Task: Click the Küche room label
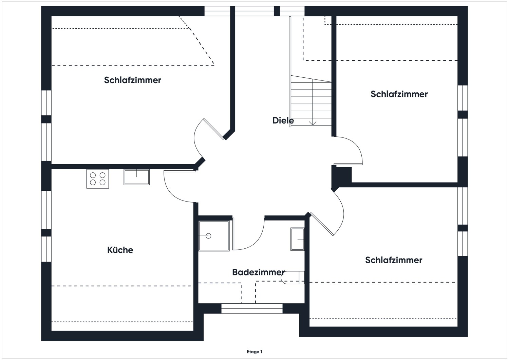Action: point(120,250)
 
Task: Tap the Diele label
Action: point(283,120)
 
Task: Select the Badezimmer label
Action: point(258,272)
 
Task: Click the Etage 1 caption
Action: point(254,352)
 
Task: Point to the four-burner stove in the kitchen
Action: point(98,179)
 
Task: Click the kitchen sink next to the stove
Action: point(136,177)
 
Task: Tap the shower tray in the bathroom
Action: point(214,236)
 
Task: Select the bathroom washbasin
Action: point(297,239)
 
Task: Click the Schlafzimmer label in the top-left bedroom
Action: point(132,80)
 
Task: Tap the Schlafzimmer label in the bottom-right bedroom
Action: point(394,260)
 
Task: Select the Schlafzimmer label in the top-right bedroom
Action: point(399,94)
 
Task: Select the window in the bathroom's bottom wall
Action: point(252,308)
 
